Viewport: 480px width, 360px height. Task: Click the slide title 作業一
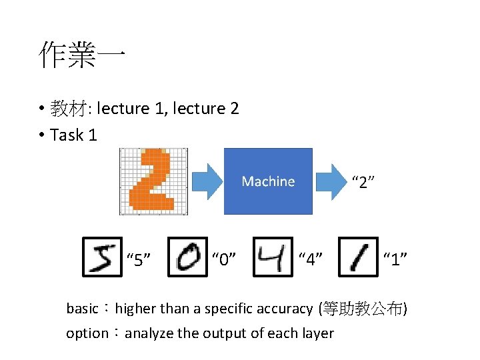(81, 55)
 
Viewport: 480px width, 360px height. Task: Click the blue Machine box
(268, 181)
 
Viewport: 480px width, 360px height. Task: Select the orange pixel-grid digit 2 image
(153, 181)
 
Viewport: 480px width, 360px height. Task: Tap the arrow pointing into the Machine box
(206, 181)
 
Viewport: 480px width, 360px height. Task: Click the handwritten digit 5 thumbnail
(102, 257)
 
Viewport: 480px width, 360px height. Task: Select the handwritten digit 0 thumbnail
(187, 257)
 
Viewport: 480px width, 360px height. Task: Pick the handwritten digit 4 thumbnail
(273, 257)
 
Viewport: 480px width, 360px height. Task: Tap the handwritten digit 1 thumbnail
(359, 257)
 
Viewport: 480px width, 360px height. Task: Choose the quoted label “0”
(224, 259)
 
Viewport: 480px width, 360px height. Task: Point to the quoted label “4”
(311, 259)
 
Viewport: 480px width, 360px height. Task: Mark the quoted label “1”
(395, 259)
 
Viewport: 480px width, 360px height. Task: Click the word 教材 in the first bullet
(71, 108)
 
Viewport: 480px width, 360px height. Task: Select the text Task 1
(74, 135)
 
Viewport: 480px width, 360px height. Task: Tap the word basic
(82, 309)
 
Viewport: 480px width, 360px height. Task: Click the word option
(87, 333)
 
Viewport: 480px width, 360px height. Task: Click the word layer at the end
(318, 333)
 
